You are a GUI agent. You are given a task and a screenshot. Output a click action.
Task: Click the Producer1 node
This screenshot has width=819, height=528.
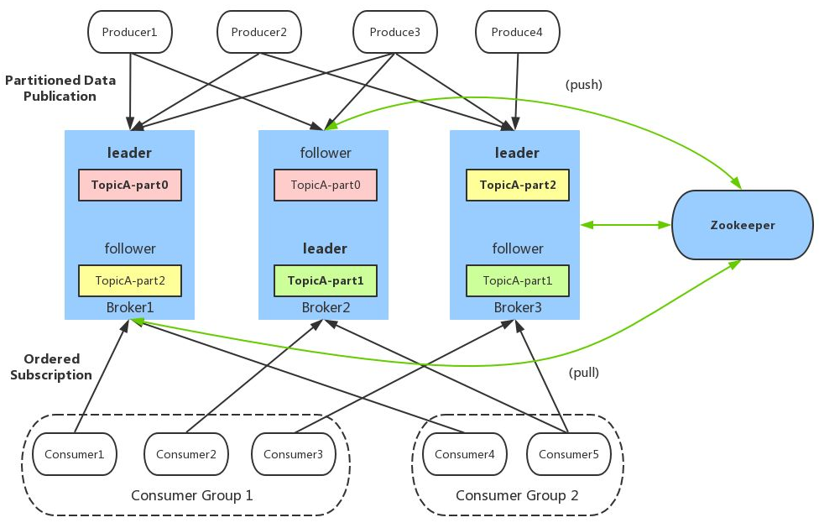pos(130,33)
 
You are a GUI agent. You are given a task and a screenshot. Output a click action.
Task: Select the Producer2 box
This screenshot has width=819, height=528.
pos(259,33)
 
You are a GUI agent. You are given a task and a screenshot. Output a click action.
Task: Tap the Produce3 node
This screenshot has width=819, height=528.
pos(394,33)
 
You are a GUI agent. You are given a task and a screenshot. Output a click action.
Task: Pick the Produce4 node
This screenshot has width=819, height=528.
pos(518,33)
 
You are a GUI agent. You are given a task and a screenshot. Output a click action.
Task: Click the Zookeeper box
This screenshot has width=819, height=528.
pos(743,225)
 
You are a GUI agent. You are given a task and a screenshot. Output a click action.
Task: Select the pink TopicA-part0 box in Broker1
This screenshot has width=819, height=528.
pos(130,185)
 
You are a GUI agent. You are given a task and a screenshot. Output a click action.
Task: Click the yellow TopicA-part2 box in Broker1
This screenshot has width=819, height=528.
pos(130,280)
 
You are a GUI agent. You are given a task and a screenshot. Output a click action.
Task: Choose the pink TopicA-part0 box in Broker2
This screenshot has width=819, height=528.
pos(326,185)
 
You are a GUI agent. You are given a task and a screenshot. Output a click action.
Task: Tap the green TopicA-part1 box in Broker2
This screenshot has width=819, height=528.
pos(326,280)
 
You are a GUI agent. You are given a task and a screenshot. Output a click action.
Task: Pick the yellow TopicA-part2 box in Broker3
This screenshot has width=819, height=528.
pos(518,185)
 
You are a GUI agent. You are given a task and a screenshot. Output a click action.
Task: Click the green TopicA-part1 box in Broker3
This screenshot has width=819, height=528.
pos(518,280)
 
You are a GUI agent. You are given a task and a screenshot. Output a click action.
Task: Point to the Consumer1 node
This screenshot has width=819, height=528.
pos(74,454)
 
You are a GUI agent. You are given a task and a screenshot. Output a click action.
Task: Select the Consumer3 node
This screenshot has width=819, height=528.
pos(294,454)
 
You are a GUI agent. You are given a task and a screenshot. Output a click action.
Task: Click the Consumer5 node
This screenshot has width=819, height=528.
pos(569,454)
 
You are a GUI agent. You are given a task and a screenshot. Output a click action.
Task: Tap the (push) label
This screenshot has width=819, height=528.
pos(584,85)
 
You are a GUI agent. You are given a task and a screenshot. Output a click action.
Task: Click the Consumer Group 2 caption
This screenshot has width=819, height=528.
pos(517,495)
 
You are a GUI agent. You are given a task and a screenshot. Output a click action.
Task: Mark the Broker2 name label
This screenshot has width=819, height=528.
pos(325,308)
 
